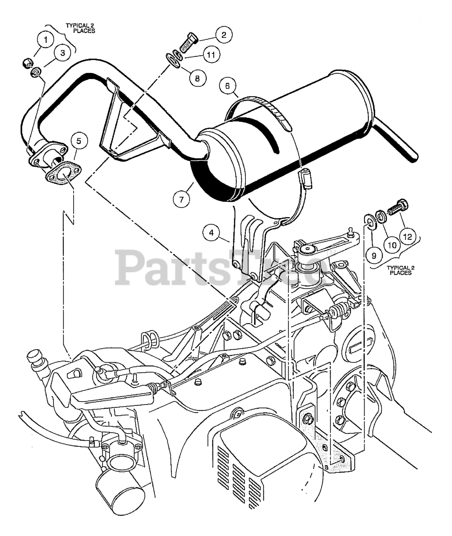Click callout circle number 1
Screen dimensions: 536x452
(x=46, y=40)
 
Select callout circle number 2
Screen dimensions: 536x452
(x=224, y=34)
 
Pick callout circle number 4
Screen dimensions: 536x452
(x=212, y=232)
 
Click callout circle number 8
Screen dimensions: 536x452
(x=197, y=77)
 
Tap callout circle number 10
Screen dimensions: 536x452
(x=392, y=246)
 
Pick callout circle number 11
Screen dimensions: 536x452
(x=212, y=55)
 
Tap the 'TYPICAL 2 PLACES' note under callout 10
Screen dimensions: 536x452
(x=400, y=270)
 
